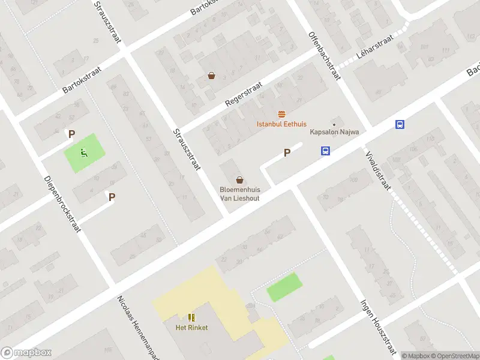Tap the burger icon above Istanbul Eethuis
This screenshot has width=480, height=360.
tap(281, 114)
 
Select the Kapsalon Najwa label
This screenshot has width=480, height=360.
tap(334, 133)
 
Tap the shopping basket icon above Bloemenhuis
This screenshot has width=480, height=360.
tap(240, 179)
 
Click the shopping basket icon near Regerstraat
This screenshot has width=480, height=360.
tap(211, 76)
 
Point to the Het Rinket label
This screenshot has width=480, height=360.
tap(191, 328)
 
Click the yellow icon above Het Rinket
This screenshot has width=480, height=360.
tap(191, 317)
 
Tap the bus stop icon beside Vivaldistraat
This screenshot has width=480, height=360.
tap(400, 124)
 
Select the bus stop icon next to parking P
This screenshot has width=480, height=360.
tap(325, 151)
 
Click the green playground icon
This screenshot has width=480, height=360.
tap(83, 153)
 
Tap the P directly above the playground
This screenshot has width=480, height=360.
tap(71, 135)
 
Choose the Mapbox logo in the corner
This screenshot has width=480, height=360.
tap(26, 353)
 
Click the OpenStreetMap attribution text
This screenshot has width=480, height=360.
tap(454, 356)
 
